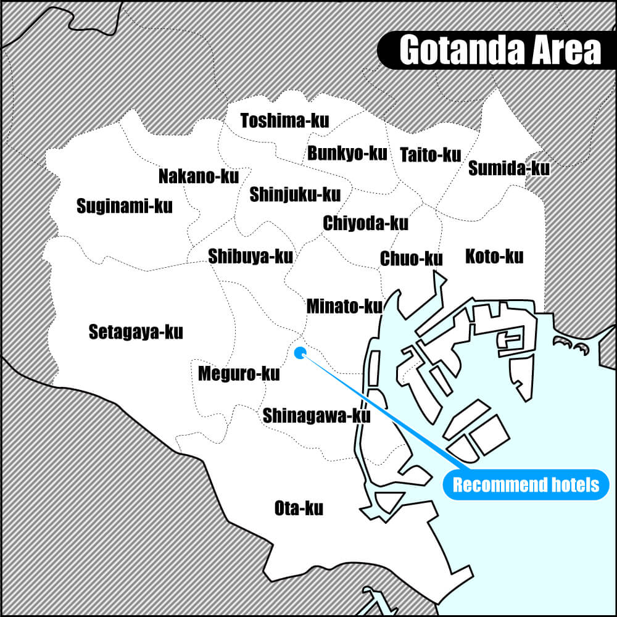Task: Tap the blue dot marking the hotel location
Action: point(300,353)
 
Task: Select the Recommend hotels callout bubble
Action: point(526,484)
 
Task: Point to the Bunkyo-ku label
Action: point(347,152)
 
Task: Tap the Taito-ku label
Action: point(430,154)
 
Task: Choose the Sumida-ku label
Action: point(508,168)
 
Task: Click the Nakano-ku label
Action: point(198,176)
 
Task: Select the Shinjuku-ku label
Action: point(295,195)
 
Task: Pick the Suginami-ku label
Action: point(125,206)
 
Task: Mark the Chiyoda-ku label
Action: point(365,223)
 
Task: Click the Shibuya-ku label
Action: point(251,255)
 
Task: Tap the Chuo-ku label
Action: point(411,259)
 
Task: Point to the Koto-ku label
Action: point(494,255)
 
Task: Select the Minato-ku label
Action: point(344,305)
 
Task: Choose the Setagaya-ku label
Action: point(136,332)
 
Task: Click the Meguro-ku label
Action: point(239,373)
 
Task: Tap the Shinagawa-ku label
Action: point(317,415)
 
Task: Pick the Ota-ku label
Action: point(299,509)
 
